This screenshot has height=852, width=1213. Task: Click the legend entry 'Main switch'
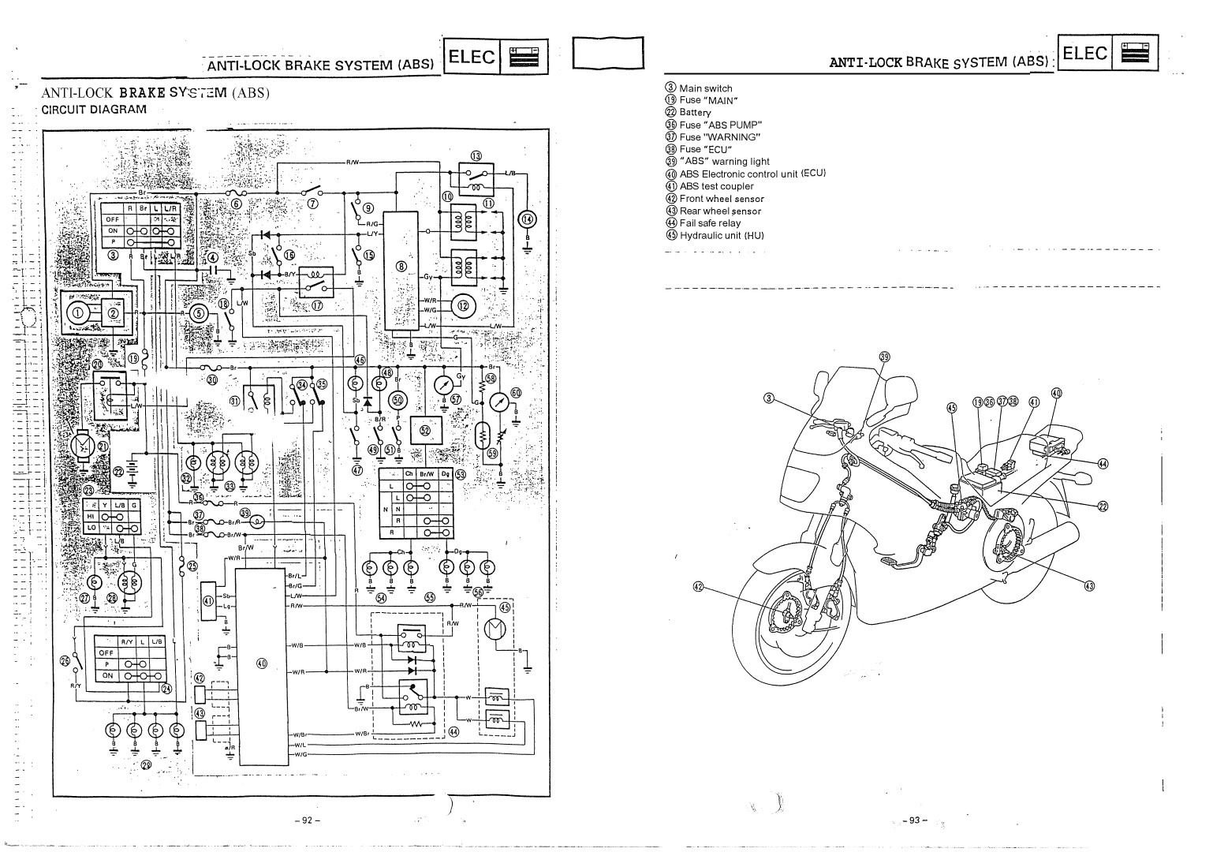tap(705, 88)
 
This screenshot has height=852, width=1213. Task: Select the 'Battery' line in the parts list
tap(695, 113)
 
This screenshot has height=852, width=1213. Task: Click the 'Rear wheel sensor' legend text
tap(720, 211)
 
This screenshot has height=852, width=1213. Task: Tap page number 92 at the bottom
tap(308, 820)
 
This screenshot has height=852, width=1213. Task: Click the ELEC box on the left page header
tap(472, 57)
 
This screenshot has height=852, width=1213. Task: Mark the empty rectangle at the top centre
tap(607, 54)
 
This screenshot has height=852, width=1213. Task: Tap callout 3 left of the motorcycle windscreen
tap(769, 398)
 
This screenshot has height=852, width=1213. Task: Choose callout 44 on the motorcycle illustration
tap(1103, 463)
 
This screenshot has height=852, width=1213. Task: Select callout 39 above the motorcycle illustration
tap(884, 357)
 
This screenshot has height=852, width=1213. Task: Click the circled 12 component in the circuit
tap(463, 305)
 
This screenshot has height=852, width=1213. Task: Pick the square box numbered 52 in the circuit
tap(426, 430)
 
